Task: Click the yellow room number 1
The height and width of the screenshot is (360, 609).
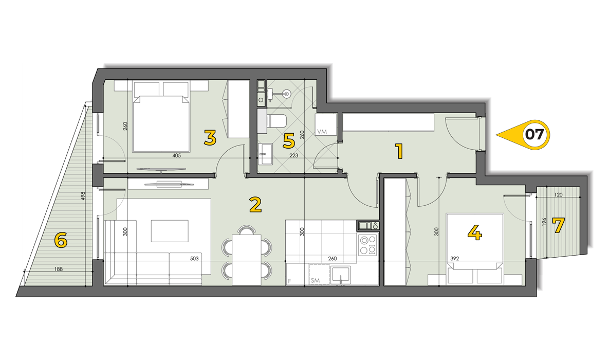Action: (x=399, y=151)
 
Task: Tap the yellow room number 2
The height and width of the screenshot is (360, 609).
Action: (x=255, y=205)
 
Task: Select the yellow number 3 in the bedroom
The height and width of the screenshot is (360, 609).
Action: (x=210, y=138)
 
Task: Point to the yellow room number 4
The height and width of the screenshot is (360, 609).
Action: (x=475, y=232)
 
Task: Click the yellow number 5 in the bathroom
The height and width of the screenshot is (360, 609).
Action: (x=289, y=141)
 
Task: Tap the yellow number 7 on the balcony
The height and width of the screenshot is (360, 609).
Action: (x=558, y=226)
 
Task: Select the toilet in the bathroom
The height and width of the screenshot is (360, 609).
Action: (x=277, y=121)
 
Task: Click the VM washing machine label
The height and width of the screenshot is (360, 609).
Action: (x=322, y=132)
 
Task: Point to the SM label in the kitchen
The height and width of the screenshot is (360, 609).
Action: (x=315, y=280)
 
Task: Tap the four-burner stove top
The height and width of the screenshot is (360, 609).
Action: (x=367, y=245)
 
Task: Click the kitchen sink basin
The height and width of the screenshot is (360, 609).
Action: (x=341, y=275)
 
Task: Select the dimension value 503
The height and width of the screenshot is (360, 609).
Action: (x=194, y=259)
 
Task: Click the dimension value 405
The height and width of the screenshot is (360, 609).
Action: (x=176, y=155)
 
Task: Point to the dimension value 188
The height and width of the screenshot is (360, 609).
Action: (x=58, y=269)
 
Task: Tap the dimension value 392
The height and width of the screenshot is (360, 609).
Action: (x=454, y=259)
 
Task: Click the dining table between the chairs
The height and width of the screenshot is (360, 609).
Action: (x=247, y=260)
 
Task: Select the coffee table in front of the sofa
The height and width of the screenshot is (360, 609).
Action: (x=170, y=231)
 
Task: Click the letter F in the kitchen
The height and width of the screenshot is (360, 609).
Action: (x=289, y=281)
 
